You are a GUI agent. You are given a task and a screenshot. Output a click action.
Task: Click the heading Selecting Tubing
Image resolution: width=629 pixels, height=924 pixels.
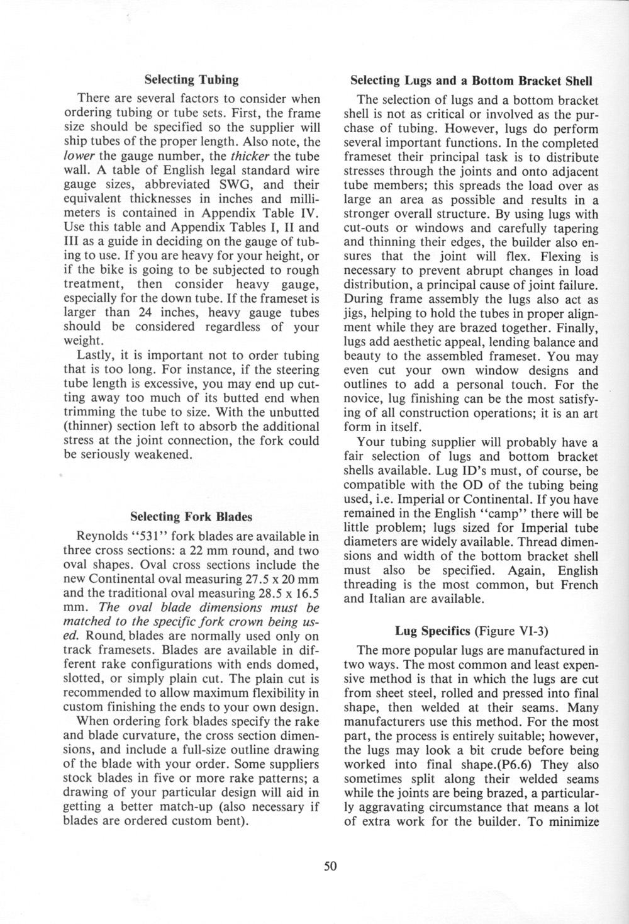191,80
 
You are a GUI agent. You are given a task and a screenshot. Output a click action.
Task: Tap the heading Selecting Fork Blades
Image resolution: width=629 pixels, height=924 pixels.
191,517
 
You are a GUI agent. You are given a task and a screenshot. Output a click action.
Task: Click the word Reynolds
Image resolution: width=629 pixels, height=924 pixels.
102,537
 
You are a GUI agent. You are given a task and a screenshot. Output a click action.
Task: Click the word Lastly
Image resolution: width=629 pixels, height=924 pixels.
96,355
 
